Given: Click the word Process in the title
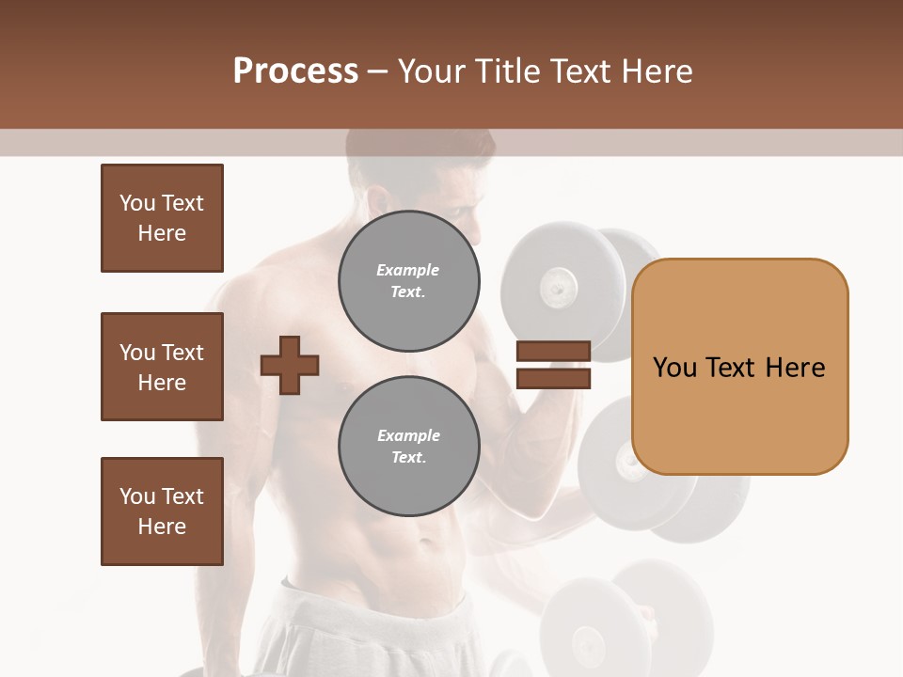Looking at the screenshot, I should (295, 71).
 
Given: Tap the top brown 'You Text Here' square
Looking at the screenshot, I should (162, 218).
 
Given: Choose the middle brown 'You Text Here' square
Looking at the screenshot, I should (162, 367).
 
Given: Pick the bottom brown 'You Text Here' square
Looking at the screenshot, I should (162, 512).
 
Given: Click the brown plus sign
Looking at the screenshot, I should (290, 365).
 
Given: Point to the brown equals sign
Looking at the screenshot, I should (554, 365).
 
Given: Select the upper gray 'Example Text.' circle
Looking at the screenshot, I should (408, 281).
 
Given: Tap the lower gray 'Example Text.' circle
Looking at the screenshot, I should (408, 447).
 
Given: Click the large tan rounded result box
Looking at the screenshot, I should (739, 367).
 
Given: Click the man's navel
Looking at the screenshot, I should (424, 543).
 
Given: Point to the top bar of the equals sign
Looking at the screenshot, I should (554, 352).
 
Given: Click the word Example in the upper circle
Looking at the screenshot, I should (408, 270).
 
